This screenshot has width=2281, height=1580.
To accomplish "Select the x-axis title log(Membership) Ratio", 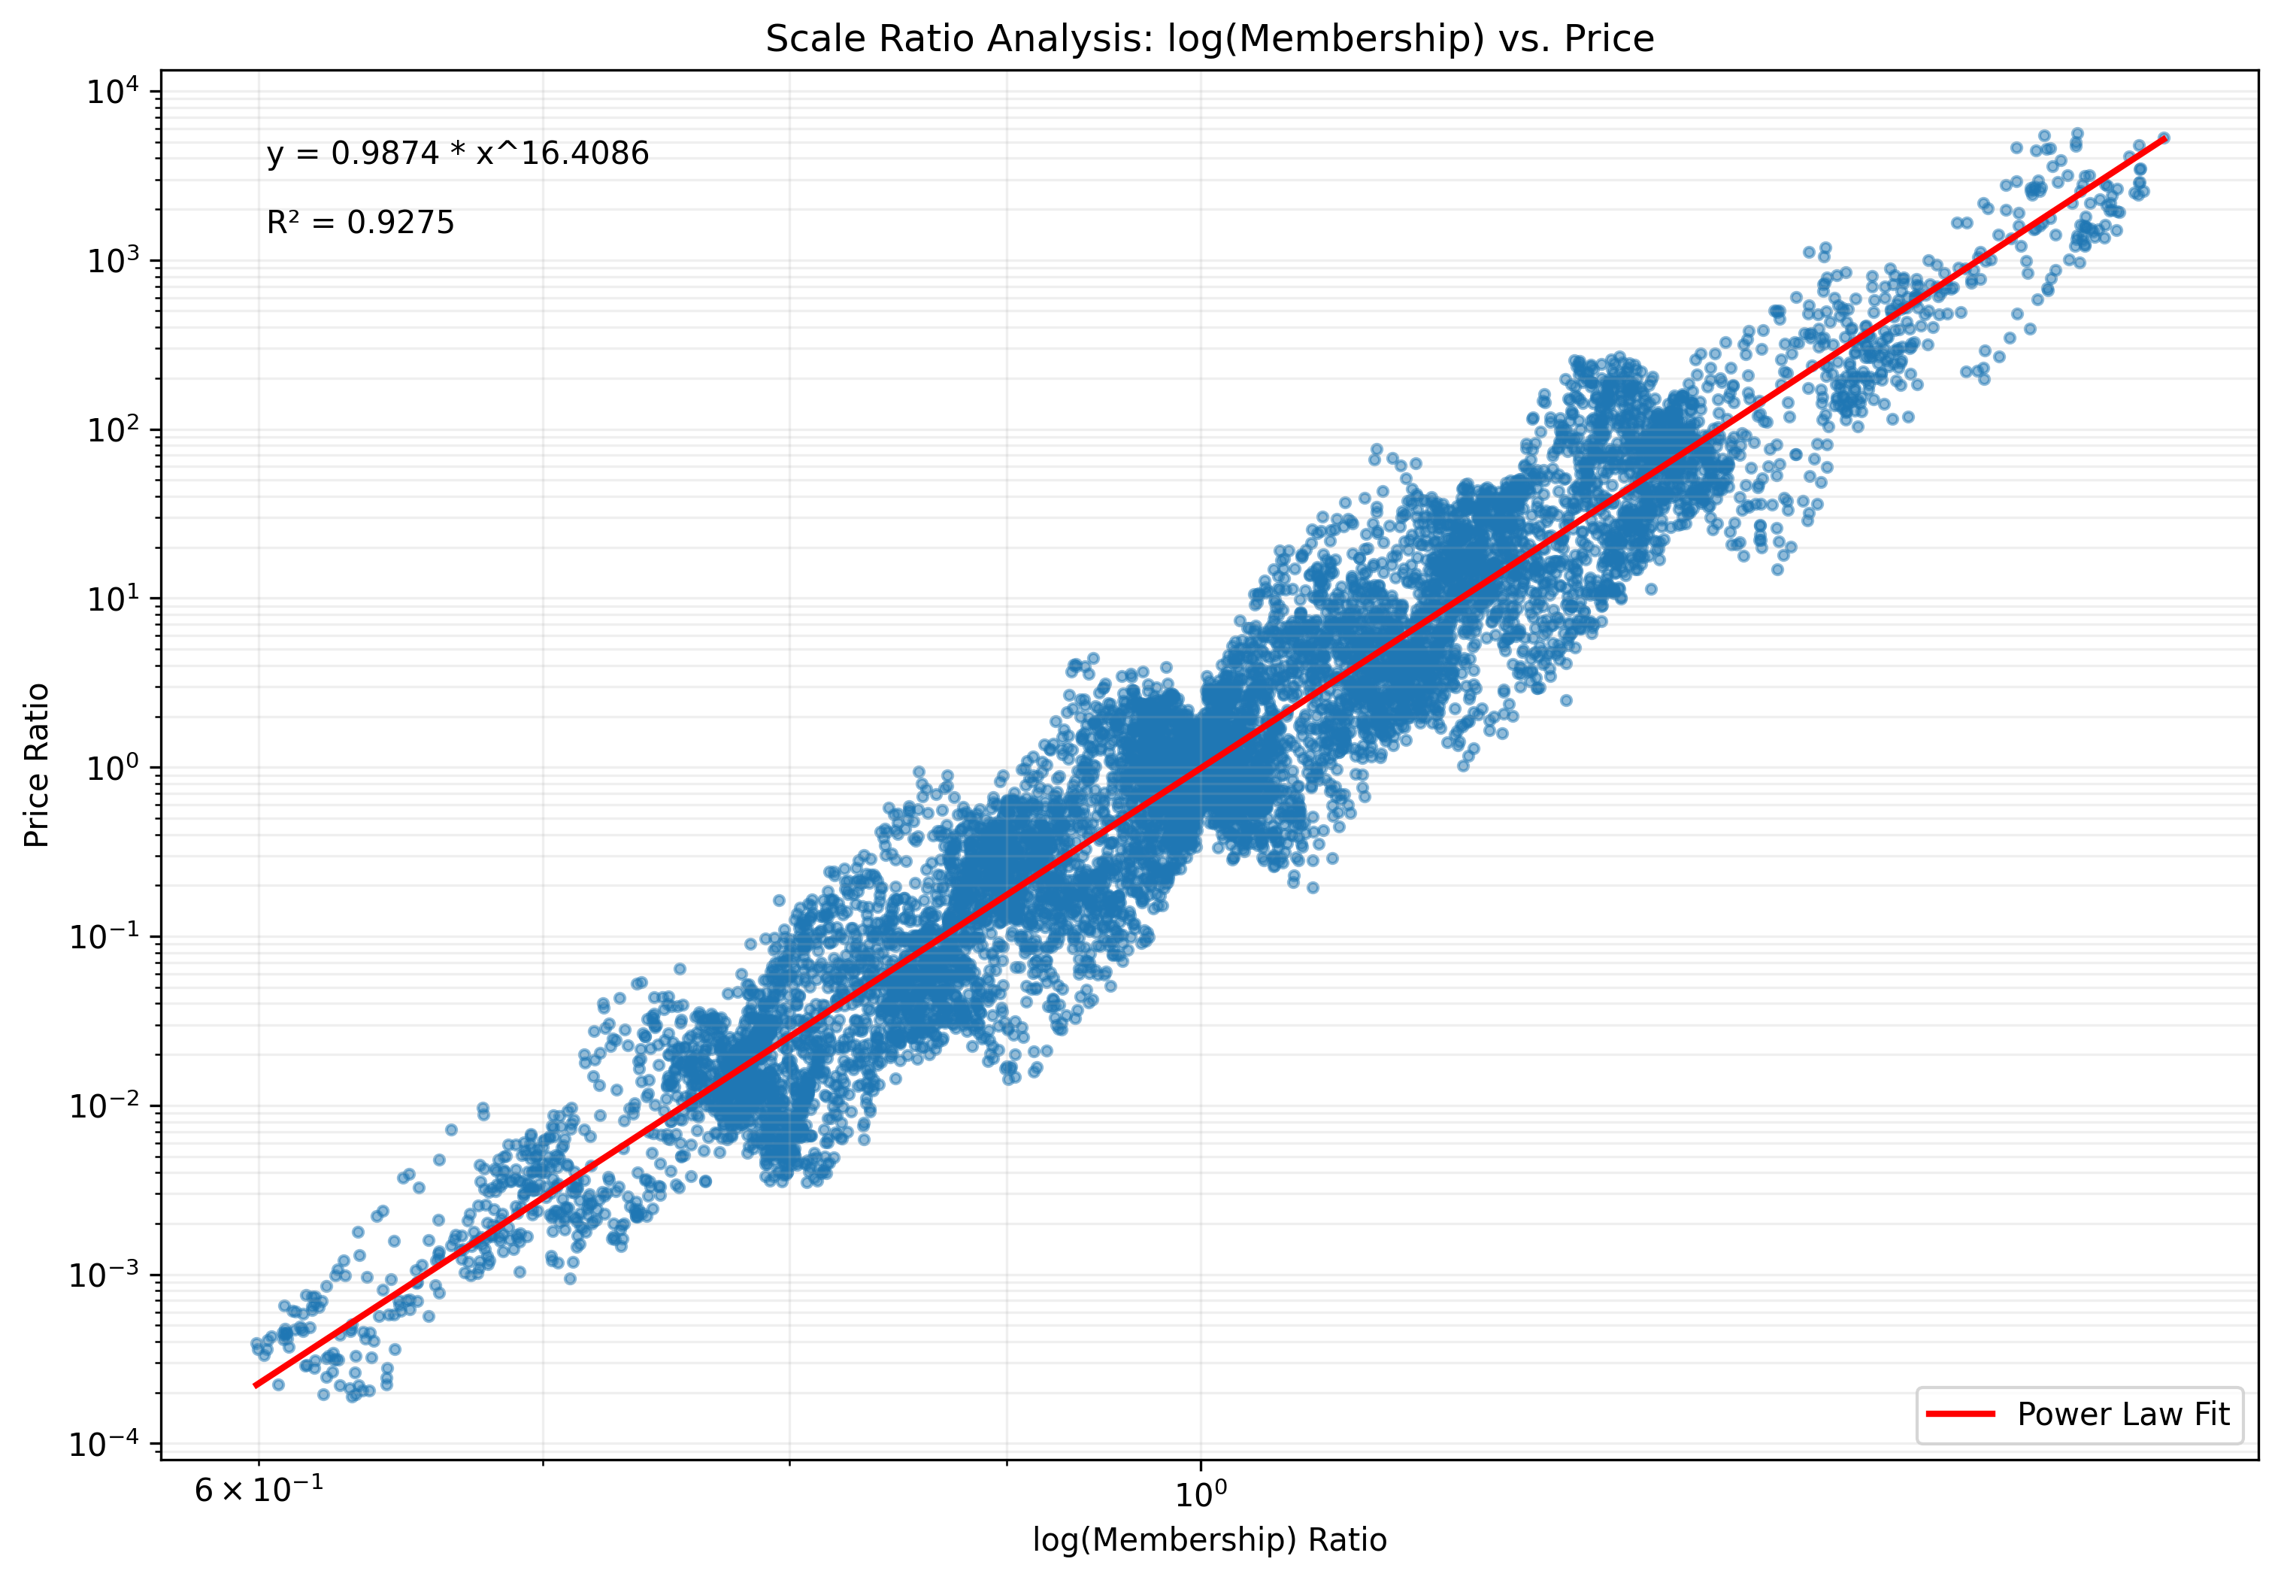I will [x=1209, y=1539].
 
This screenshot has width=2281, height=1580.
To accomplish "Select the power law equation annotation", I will [x=457, y=153].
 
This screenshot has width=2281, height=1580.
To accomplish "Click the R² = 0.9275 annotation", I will [x=360, y=223].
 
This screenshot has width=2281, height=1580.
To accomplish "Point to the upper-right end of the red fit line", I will [x=2165, y=138].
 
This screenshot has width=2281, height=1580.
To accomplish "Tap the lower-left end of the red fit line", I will [x=256, y=1386].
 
